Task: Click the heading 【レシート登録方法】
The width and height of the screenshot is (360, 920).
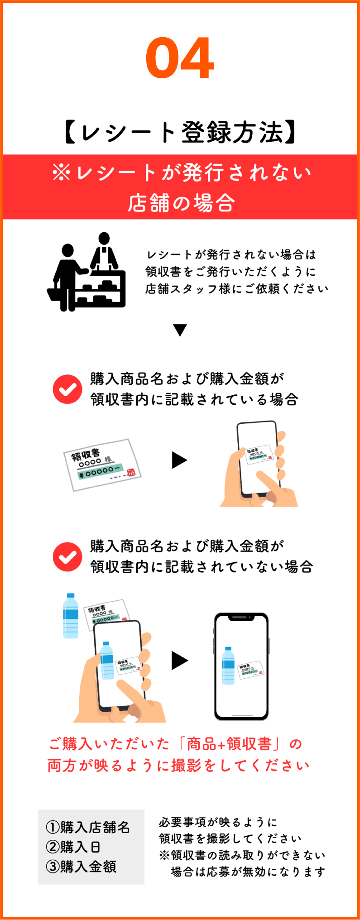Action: [x=180, y=132]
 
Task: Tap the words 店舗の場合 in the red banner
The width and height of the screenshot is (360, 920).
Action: [x=181, y=202]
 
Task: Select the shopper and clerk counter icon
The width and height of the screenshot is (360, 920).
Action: [x=86, y=272]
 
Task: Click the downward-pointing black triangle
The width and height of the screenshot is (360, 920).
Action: [x=180, y=330]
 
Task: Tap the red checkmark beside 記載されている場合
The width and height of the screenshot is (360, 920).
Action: [x=67, y=389]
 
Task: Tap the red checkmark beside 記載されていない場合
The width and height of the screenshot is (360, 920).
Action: [x=67, y=556]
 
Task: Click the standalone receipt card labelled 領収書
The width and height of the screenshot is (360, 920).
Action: [x=102, y=465]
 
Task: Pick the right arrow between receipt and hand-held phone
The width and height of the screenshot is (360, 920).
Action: [x=179, y=460]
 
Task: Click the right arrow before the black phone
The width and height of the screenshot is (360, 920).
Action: [x=179, y=661]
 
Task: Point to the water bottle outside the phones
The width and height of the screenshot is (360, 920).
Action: [x=71, y=616]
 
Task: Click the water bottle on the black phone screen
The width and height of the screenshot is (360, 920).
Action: [x=228, y=665]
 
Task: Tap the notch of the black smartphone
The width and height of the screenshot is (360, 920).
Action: [x=241, y=618]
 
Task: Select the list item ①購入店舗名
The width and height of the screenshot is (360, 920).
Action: [x=88, y=827]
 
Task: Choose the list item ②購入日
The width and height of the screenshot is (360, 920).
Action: [x=73, y=846]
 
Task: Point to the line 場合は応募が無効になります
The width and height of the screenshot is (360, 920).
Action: [x=248, y=872]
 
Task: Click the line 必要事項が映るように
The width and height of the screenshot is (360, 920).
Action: [x=218, y=822]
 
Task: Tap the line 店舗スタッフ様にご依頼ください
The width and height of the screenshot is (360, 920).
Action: [x=237, y=288]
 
